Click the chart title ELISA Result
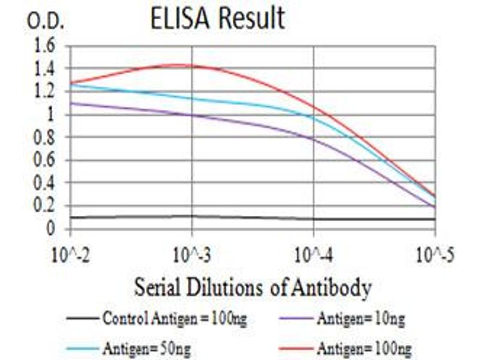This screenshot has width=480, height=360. (x=217, y=19)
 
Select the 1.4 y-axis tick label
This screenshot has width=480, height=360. (x=46, y=69)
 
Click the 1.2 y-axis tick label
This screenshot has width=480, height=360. (x=46, y=92)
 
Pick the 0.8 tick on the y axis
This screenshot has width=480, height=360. (x=46, y=137)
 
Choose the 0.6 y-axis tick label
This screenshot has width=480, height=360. (x=46, y=160)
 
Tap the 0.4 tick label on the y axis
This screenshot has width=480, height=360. (x=46, y=183)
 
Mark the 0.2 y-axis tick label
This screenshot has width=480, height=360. (x=46, y=206)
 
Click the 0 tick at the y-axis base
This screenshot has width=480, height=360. (x=52, y=229)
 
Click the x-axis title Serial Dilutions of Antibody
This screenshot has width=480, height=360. (x=252, y=288)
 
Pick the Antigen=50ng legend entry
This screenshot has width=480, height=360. (x=144, y=347)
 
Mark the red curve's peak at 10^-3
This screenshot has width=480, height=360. (x=192, y=65)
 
